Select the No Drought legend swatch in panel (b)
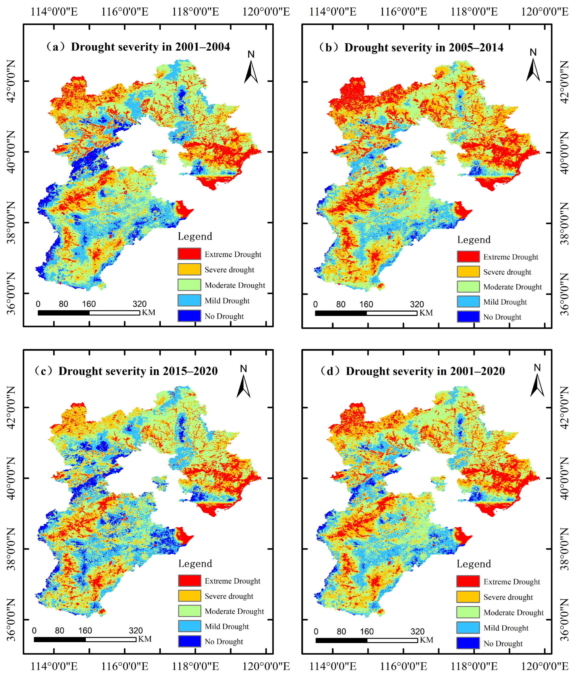click(468, 316)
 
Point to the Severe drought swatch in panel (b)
click(468, 271)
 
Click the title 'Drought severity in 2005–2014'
click(423, 48)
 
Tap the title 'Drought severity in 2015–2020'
click(138, 371)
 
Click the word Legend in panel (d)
click(474, 564)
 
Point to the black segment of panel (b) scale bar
click(341, 313)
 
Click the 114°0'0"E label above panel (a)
click(54, 12)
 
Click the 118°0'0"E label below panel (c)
click(195, 666)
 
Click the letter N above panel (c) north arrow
click(243, 369)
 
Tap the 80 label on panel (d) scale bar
click(341, 632)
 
